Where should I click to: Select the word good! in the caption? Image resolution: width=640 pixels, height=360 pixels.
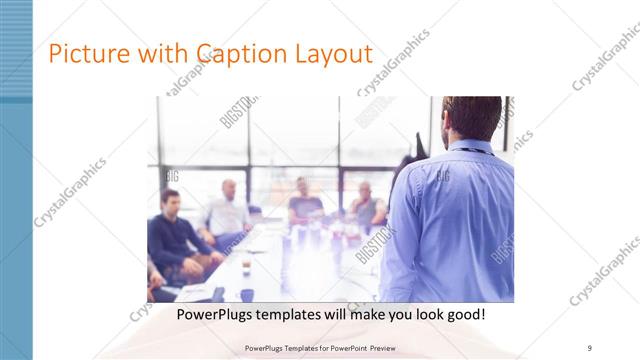(464, 314)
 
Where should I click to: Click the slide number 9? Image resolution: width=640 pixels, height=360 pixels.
(590, 348)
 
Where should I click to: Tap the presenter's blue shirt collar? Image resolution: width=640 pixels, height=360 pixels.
(468, 147)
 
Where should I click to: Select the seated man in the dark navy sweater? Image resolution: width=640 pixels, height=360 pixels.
(172, 235)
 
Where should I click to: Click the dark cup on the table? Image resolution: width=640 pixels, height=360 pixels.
(246, 295)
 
